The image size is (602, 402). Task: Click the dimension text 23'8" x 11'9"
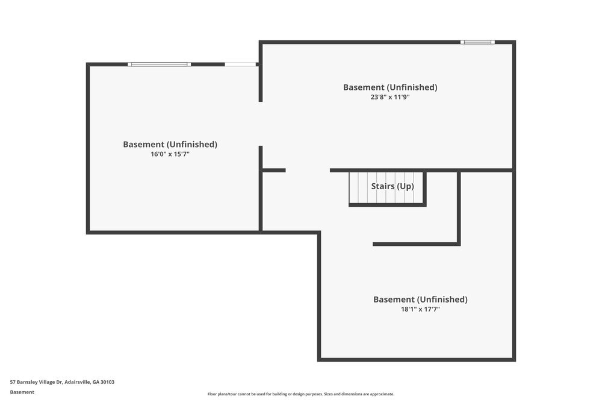[x=390, y=97]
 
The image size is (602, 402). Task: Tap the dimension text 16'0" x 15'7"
[x=170, y=154]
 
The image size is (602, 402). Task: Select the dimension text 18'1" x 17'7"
[x=420, y=309]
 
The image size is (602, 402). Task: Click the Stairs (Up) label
[x=393, y=186]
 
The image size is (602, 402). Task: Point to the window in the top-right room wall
[x=477, y=42]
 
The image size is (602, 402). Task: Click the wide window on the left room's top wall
[x=160, y=64]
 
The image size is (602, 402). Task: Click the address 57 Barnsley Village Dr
[x=36, y=382]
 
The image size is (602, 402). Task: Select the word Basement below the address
[x=22, y=392]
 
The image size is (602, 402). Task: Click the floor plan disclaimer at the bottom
[x=301, y=394]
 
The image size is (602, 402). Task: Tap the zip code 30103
[x=108, y=382]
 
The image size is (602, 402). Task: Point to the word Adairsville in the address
[x=77, y=382]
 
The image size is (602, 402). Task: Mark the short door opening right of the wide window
[x=240, y=64]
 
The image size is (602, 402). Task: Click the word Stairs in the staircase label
[x=382, y=186]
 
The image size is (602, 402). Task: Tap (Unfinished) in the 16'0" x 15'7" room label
[x=192, y=145]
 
